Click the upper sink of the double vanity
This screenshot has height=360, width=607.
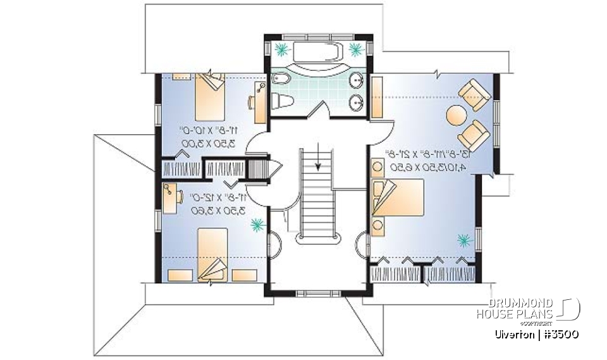(x=357, y=80)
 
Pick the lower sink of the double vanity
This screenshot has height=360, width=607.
(x=357, y=101)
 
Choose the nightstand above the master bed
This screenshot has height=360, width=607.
(x=378, y=167)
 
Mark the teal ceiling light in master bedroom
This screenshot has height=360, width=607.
(x=465, y=240)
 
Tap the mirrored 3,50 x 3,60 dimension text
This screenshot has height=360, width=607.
(x=206, y=210)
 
